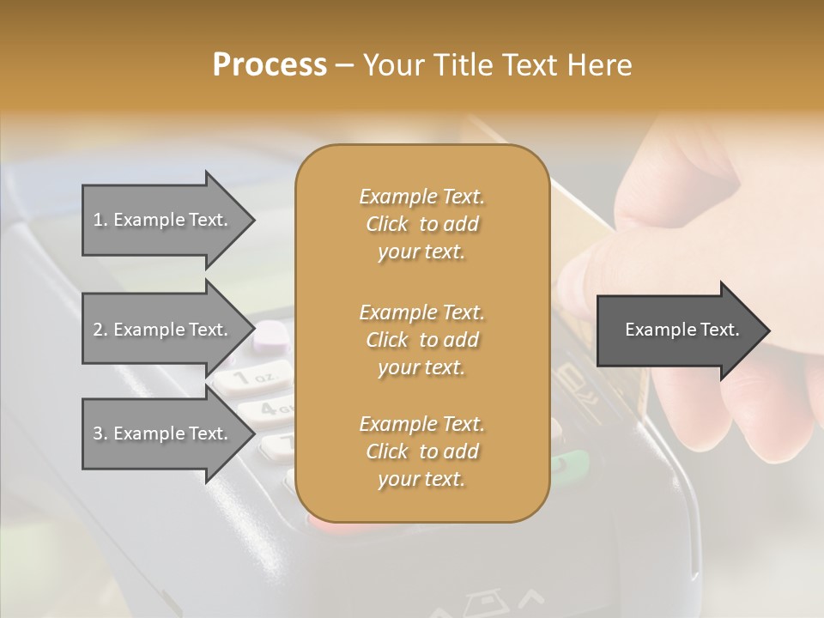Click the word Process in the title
[x=270, y=65]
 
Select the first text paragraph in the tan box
[x=421, y=224]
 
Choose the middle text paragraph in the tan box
[x=421, y=339]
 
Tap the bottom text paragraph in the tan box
[x=421, y=451]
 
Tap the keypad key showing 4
[x=268, y=409]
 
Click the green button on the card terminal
[x=571, y=466]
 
